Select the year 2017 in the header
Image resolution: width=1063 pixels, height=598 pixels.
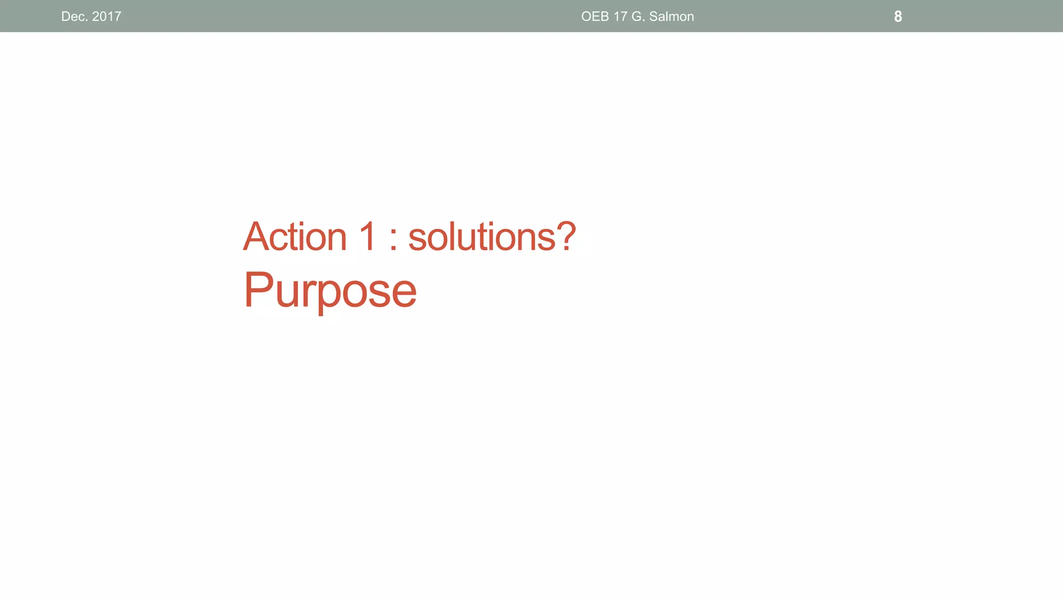(106, 17)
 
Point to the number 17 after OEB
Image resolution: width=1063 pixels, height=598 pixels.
(620, 17)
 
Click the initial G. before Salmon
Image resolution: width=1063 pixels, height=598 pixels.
(638, 17)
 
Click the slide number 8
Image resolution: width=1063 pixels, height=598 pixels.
(898, 17)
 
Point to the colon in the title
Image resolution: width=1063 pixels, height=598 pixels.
(393, 242)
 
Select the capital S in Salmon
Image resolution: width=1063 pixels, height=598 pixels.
(654, 17)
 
